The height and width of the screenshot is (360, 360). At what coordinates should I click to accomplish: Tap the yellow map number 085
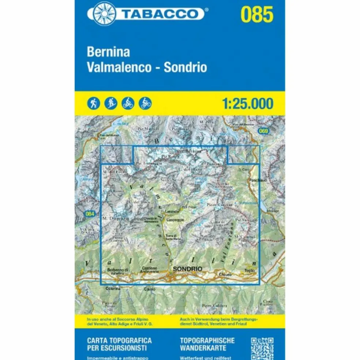click(257, 15)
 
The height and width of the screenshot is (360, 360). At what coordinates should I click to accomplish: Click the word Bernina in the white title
click(108, 52)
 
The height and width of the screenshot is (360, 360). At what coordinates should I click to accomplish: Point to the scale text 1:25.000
click(247, 104)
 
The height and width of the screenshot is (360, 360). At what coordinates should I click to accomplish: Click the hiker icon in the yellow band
click(93, 103)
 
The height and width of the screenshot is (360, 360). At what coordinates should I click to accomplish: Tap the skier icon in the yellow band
click(110, 103)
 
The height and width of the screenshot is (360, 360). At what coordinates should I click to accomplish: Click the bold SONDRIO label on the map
click(188, 269)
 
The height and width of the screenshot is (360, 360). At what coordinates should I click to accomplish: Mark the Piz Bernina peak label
click(189, 151)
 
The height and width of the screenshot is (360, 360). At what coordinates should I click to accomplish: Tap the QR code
click(262, 348)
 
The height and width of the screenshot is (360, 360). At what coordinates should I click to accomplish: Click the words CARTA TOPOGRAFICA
click(119, 340)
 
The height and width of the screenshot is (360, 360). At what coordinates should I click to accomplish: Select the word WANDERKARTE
click(203, 348)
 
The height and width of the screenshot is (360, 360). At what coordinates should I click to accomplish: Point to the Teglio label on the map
click(250, 271)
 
